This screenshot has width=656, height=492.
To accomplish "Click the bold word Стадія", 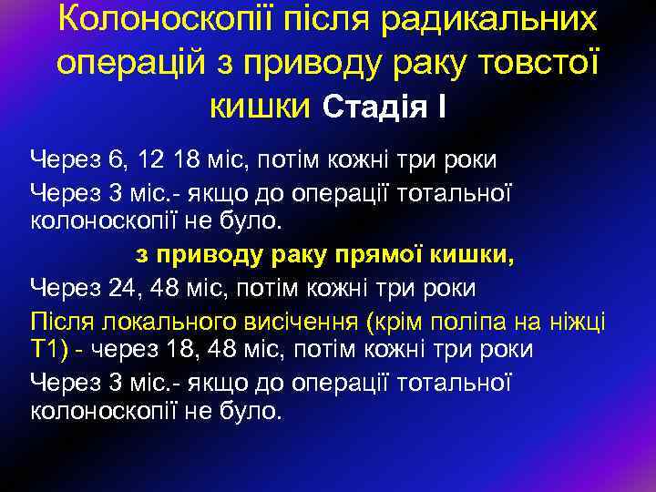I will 376,108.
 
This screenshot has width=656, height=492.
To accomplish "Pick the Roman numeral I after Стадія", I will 441,108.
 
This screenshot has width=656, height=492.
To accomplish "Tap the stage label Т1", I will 47,350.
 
